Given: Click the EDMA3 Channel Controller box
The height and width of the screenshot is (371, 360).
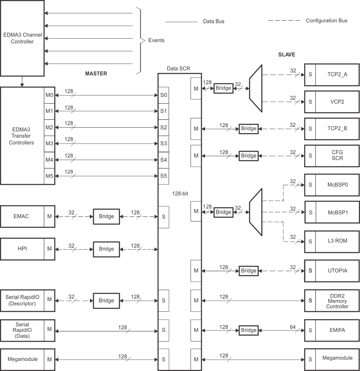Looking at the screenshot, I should pos(22,38).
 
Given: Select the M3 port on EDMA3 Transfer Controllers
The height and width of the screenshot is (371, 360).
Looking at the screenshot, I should pos(49,144).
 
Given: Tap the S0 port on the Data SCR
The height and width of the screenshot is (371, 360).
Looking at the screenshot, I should pos(164,95).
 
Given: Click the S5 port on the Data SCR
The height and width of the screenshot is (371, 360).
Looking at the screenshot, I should pos(164,176).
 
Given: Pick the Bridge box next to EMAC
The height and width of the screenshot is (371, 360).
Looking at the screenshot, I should pos(106,216).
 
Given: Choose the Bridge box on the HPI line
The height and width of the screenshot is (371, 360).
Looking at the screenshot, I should pos(106,249).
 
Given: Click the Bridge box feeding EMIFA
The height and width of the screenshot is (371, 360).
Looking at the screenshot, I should pos(249,330).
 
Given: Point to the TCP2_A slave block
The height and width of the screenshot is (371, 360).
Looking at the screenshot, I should pos(337,74).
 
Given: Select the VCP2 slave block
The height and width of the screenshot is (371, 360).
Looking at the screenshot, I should pos(337,101).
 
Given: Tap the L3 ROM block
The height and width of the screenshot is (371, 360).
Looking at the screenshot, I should pos(337,242).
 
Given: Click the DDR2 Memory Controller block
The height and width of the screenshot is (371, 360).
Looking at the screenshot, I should pos(337,301).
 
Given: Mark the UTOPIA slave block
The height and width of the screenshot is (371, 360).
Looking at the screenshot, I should pos(337,270).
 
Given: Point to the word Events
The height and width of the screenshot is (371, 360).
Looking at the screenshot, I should pos(156,40).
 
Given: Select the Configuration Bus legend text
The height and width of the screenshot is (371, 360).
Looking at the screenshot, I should pos(327,21).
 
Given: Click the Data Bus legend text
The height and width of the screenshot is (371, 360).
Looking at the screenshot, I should pos(214,21).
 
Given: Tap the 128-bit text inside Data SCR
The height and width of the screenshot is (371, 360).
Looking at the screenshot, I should pos(180,193).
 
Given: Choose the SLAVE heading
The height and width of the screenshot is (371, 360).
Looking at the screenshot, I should pos(287,55).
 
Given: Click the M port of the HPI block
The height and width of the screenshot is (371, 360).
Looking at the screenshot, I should pos(49,249).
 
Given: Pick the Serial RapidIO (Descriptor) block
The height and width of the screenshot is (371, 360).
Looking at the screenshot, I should pos(22,300).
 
